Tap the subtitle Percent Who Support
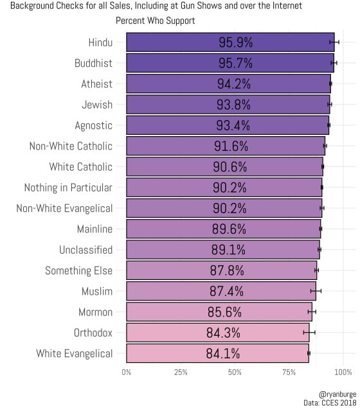156,21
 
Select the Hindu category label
100,43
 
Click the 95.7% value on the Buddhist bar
235,64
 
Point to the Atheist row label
96,84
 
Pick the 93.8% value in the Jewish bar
233,105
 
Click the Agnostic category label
93,125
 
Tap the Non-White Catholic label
71,146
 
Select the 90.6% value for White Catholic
230,167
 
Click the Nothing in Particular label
68,188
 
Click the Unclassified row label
86,250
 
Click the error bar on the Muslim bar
316,291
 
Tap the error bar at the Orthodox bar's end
309,333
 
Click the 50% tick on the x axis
235,372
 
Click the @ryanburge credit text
337,394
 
